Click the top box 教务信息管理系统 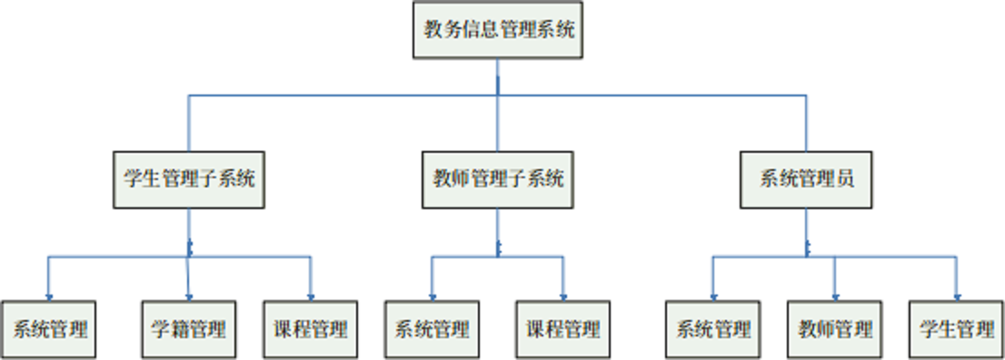pos(497,30)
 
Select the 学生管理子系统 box pos(189,179)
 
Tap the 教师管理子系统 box pos(497,179)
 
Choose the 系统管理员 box pos(806,179)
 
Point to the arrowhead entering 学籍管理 pos(189,295)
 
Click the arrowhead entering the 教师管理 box pos(835,295)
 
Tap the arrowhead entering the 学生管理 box pos(957,295)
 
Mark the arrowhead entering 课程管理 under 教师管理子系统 pos(563,295)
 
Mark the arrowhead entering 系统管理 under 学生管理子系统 pos(48,295)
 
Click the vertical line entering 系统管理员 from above pos(806,123)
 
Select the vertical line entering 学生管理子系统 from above pos(189,123)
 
